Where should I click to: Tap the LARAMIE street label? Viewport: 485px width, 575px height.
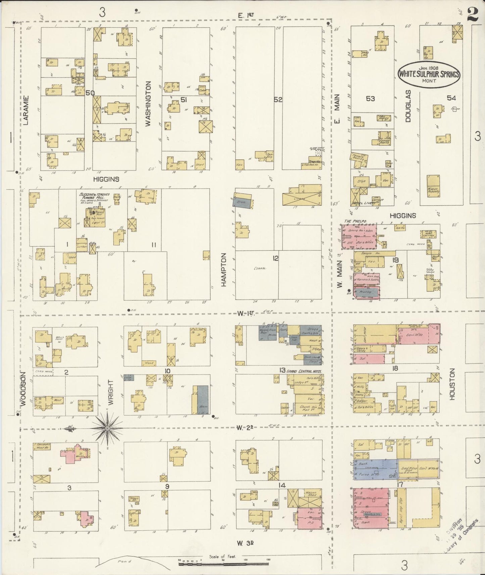click(26, 110)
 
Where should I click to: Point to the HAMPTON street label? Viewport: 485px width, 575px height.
click(224, 270)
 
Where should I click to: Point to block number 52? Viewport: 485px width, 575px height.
click(278, 100)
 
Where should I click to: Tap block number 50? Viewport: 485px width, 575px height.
click(90, 93)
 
